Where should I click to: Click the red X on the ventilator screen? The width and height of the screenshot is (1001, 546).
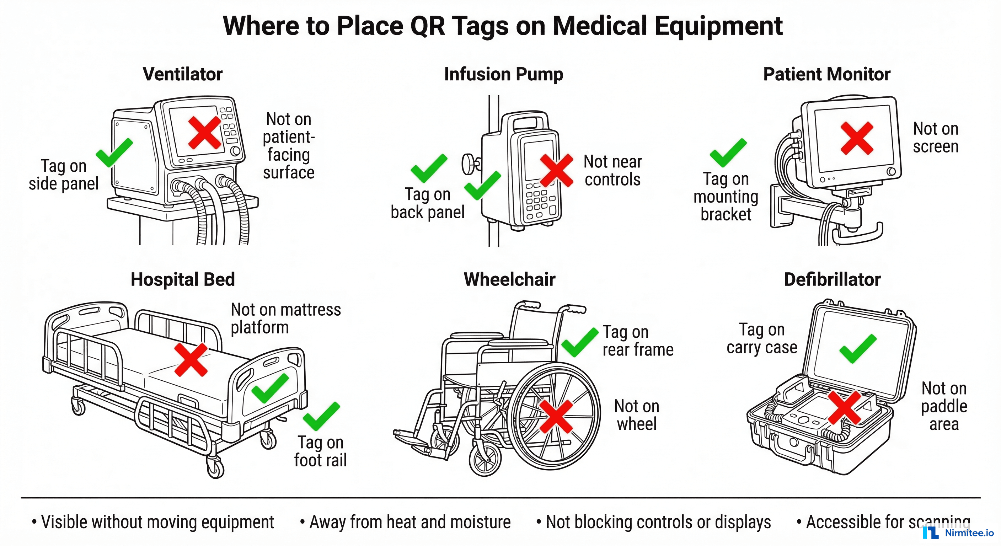(205, 133)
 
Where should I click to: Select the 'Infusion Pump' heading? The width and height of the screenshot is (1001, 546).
(503, 74)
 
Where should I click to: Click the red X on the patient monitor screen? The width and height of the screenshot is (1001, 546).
(856, 138)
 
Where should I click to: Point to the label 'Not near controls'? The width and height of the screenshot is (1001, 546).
(612, 171)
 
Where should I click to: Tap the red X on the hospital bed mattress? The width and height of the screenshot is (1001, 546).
(191, 359)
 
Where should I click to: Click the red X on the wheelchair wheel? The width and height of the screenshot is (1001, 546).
(556, 416)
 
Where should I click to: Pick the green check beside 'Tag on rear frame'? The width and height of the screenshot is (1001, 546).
(579, 342)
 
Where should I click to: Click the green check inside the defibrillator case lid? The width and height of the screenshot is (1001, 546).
(857, 349)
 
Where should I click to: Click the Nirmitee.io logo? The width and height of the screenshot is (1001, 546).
(958, 532)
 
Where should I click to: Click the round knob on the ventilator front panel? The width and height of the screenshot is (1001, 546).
(235, 151)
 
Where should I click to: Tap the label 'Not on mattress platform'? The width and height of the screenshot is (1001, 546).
(285, 318)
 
